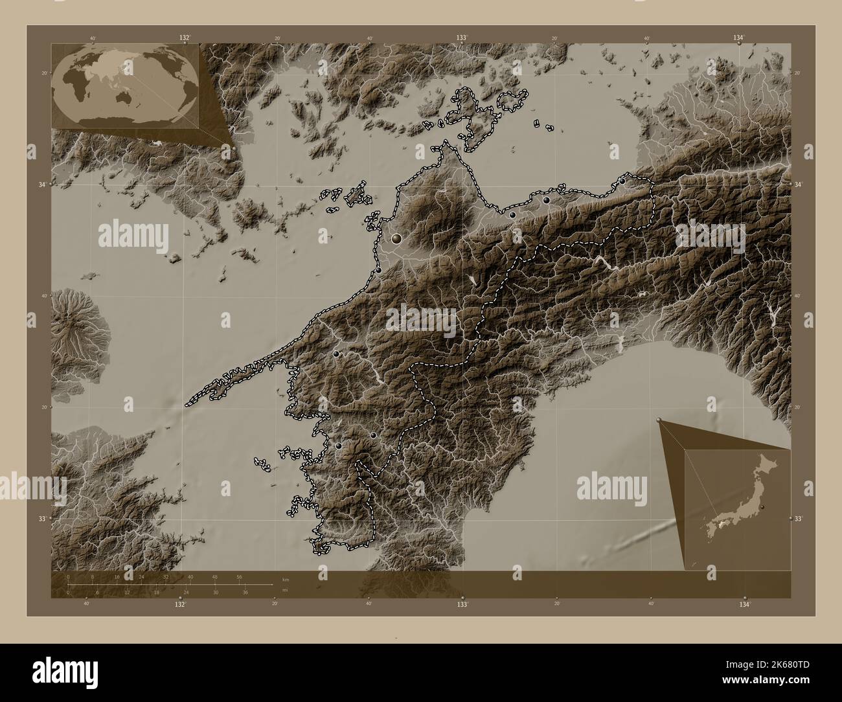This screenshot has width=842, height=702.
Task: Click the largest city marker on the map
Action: coord(396,239)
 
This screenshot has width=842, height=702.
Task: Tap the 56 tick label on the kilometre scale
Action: coord(239,576)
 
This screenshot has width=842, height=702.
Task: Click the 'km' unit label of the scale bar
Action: coord(286,578)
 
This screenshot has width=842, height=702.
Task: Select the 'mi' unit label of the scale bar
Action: coord(285,590)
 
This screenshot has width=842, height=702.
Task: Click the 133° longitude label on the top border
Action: coord(462,38)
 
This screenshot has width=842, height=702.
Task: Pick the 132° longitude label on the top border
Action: coord(185,38)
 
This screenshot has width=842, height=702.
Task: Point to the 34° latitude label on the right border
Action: coord(799,185)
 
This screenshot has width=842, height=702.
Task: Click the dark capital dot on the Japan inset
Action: coord(762,506)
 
